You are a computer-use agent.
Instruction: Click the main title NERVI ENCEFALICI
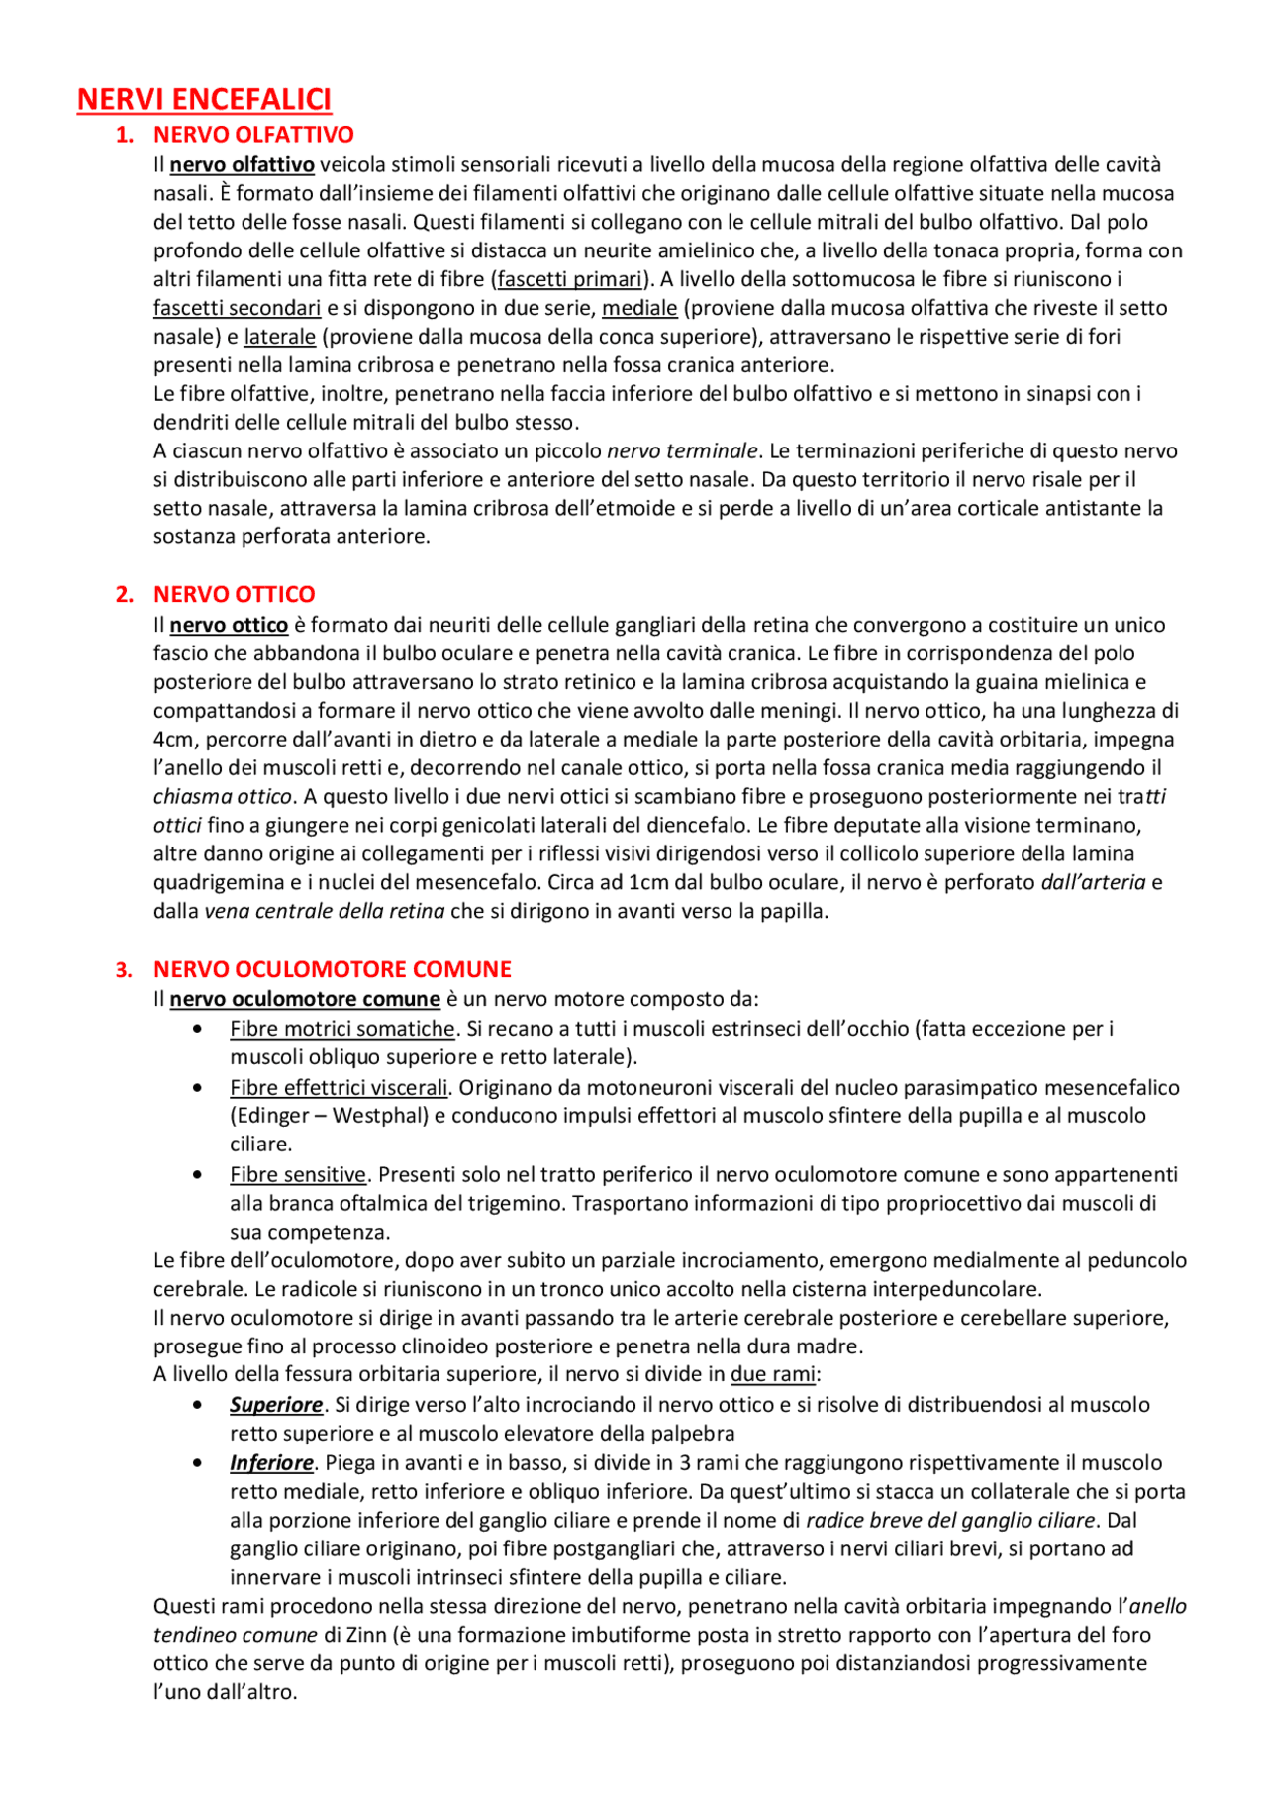coord(204,99)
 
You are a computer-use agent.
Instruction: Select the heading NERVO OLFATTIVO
coord(253,134)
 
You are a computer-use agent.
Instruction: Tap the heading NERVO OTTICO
coord(234,594)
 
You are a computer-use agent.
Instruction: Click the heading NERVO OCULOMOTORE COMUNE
coord(332,969)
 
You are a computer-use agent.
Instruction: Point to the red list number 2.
coord(124,594)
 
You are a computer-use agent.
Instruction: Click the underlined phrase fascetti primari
coord(569,279)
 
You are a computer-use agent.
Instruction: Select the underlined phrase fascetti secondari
coord(237,308)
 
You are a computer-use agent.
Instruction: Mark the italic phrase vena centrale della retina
coord(324,911)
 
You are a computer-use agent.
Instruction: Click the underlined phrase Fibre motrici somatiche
coord(341,1029)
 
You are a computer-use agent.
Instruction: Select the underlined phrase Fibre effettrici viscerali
coord(339,1087)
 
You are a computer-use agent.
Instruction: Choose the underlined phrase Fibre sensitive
coord(298,1174)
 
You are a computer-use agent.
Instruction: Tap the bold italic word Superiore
coord(276,1405)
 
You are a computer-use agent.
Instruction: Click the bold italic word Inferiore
coord(271,1462)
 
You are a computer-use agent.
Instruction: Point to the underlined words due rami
coord(773,1374)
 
